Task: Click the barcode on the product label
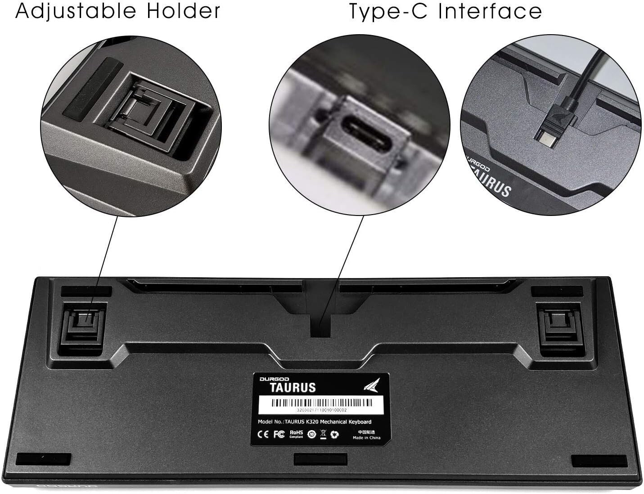click(320, 403)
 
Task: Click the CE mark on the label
click(262, 436)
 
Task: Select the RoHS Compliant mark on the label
click(297, 434)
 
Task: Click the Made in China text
click(366, 437)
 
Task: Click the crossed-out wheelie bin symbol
click(323, 435)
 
